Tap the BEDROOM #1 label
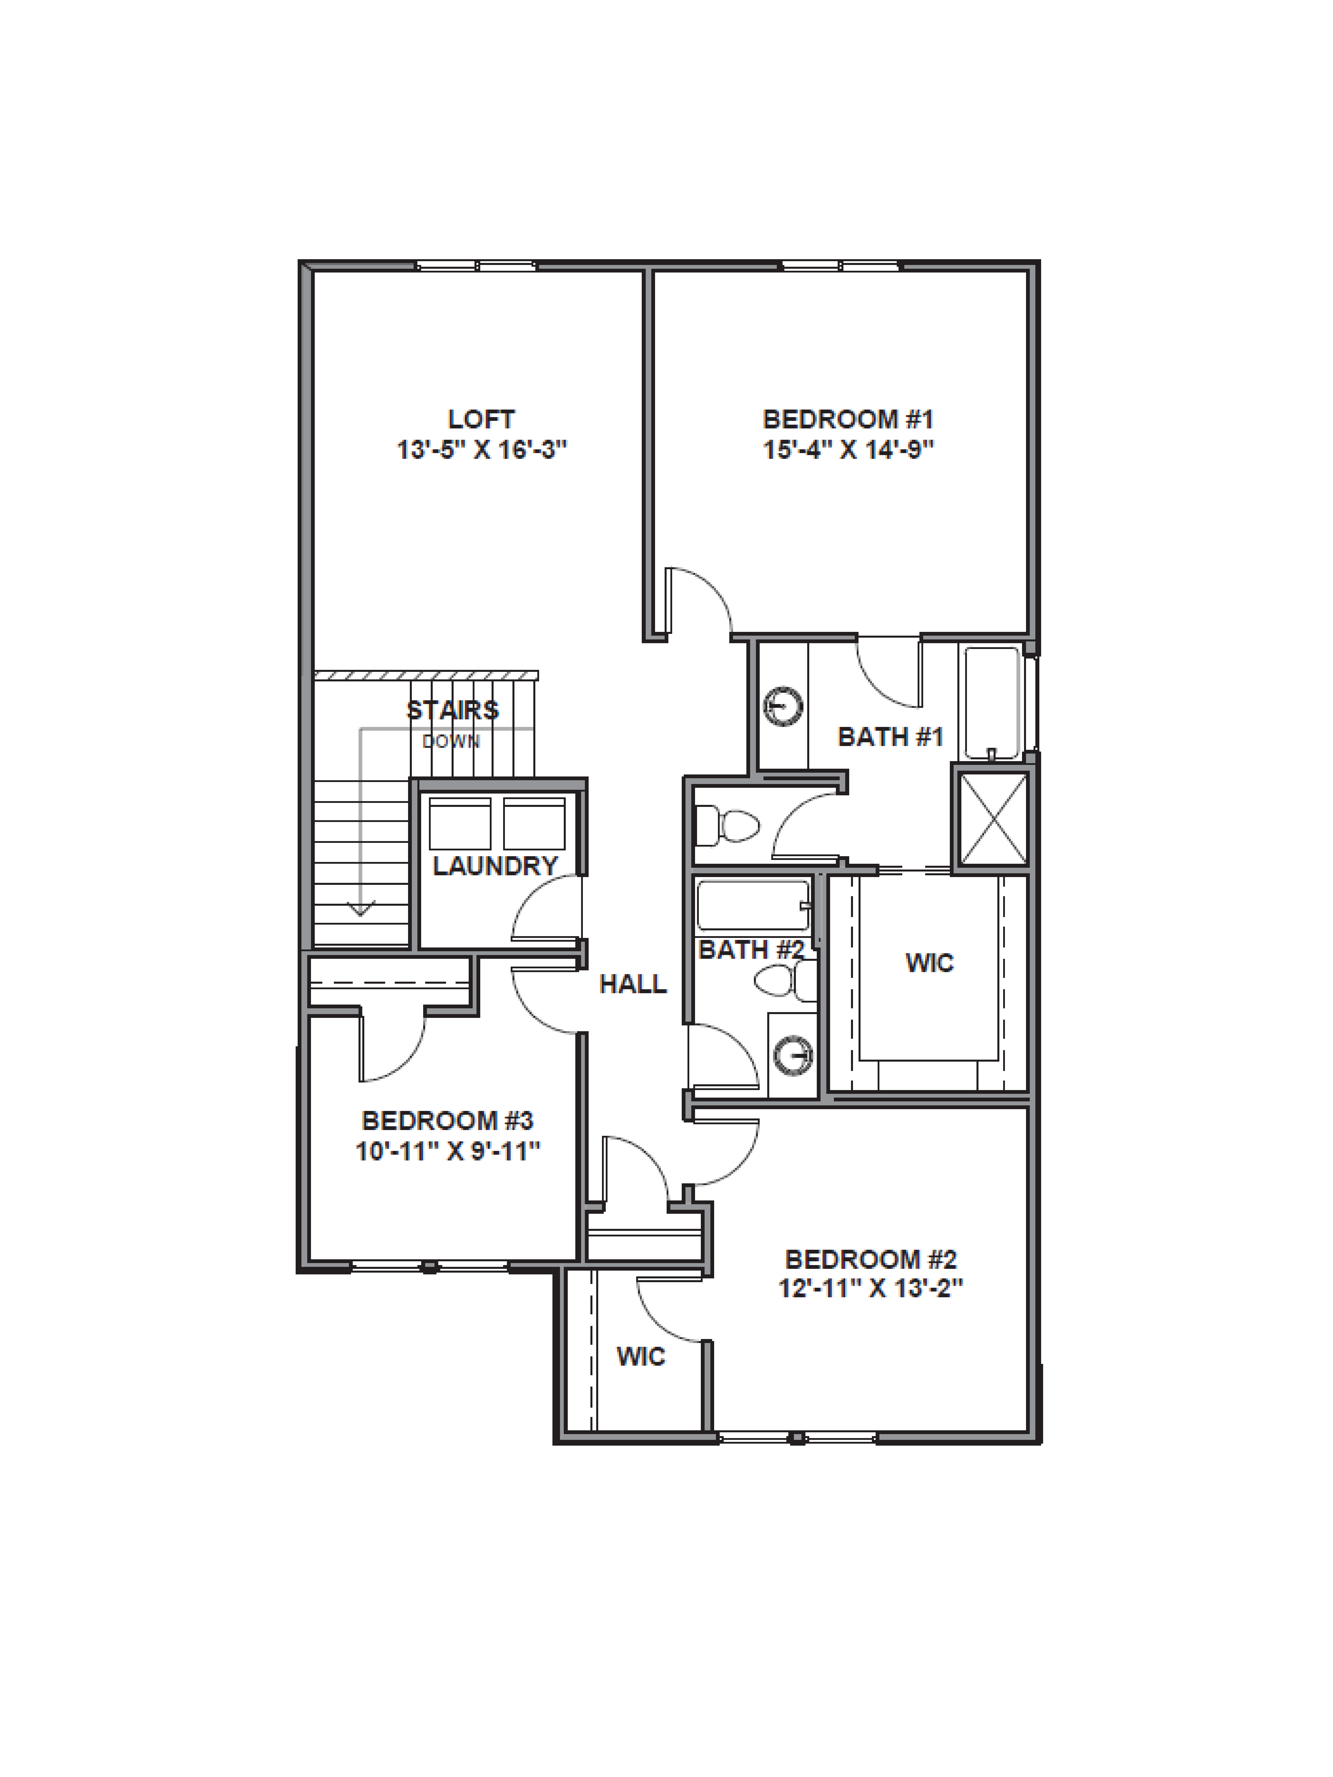[x=848, y=419]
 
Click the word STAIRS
[x=452, y=710]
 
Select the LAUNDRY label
[x=495, y=866]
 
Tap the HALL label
[x=633, y=984]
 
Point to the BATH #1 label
[x=890, y=737]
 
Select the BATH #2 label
[x=751, y=950]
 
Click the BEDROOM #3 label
[x=448, y=1121]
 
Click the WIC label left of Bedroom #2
[x=640, y=1357]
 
